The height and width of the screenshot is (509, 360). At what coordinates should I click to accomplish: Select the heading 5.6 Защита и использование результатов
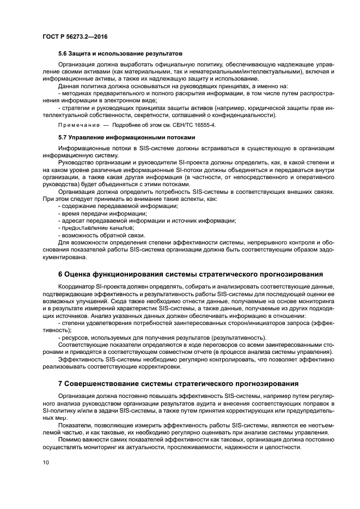[x=120, y=53]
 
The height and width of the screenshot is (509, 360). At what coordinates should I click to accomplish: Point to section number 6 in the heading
[x=60, y=273]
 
